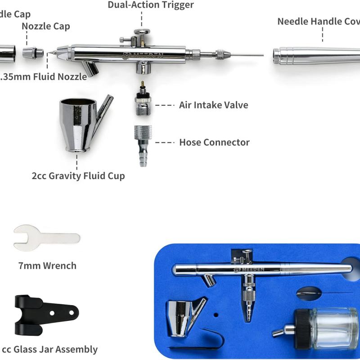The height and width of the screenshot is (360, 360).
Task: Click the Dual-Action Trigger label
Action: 151,5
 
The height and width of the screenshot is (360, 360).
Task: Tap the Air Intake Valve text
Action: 213,105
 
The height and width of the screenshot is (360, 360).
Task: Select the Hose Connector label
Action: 214,142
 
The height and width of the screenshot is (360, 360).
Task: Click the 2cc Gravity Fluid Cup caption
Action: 78,175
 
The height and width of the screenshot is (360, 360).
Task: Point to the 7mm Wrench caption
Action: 47,265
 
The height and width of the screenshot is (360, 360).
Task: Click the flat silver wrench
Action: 45,237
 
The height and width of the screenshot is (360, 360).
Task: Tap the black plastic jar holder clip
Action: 45,315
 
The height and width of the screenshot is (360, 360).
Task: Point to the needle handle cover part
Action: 315,56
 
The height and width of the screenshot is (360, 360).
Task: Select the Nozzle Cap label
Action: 46,26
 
